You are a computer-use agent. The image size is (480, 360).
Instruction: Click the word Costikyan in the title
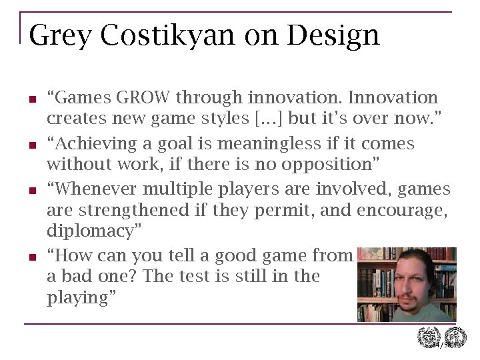point(167,35)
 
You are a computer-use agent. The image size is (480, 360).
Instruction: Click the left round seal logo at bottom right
point(427,338)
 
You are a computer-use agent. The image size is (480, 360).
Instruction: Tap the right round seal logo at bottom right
point(455,338)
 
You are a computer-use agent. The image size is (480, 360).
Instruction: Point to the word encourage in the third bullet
point(402,211)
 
